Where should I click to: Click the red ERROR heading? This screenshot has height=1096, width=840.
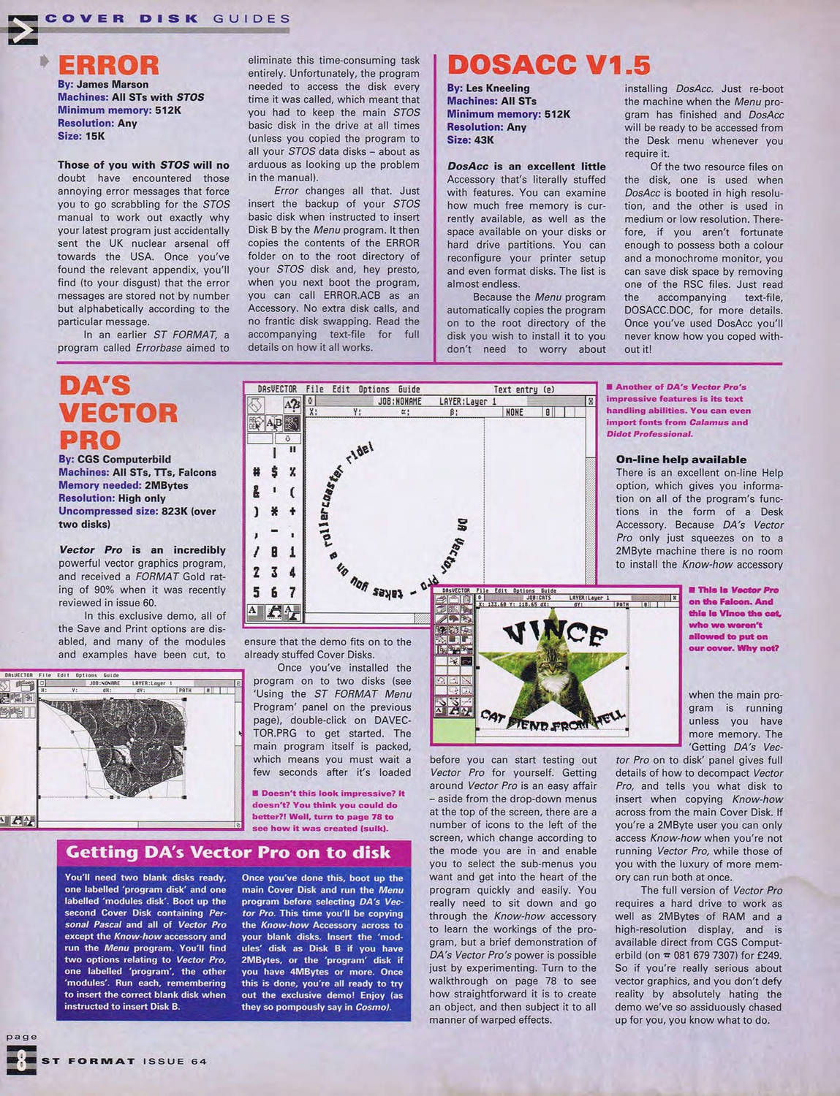tap(108, 65)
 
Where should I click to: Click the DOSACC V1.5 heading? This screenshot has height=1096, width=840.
tap(548, 65)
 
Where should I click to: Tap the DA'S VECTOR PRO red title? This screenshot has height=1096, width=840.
tap(118, 413)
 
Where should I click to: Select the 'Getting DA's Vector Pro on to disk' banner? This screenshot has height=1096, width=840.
tap(228, 852)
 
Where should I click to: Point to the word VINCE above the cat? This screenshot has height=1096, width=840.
tap(556, 633)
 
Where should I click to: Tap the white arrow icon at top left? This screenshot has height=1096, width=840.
tap(22, 30)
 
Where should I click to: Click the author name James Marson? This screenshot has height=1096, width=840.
tap(112, 84)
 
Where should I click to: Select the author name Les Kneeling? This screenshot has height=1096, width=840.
tap(497, 88)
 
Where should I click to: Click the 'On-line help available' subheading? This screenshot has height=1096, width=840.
tap(681, 460)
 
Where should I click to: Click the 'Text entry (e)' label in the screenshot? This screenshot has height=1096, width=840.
tap(523, 389)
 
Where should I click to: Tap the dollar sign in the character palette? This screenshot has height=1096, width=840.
tap(273, 471)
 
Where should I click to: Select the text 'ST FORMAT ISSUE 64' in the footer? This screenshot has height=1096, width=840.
tap(124, 1061)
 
